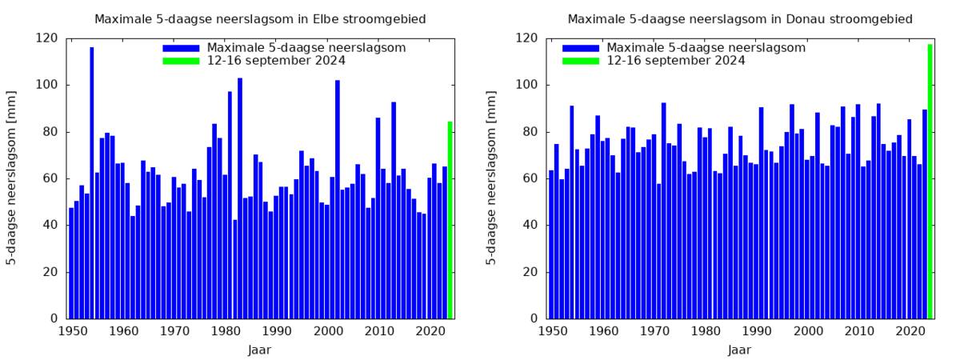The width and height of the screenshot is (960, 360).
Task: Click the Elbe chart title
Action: tap(260, 18)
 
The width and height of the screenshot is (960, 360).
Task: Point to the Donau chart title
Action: tap(740, 18)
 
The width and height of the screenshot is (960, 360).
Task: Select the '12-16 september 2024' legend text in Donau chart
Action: tap(676, 61)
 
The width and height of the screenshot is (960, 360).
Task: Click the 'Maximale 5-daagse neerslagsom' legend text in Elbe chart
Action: tap(306, 48)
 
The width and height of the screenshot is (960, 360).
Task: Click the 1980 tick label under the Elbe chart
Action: tap(226, 330)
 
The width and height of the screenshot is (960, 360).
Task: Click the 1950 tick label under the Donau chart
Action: tap(551, 330)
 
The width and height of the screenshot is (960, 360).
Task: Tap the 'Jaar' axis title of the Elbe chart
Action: tap(260, 350)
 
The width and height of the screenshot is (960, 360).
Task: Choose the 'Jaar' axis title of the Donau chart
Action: tap(740, 350)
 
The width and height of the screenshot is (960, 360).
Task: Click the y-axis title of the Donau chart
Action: tap(493, 178)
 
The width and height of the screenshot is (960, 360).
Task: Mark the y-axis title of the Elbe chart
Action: tap(13, 178)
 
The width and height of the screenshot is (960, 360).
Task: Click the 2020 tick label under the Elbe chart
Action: tap(431, 330)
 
